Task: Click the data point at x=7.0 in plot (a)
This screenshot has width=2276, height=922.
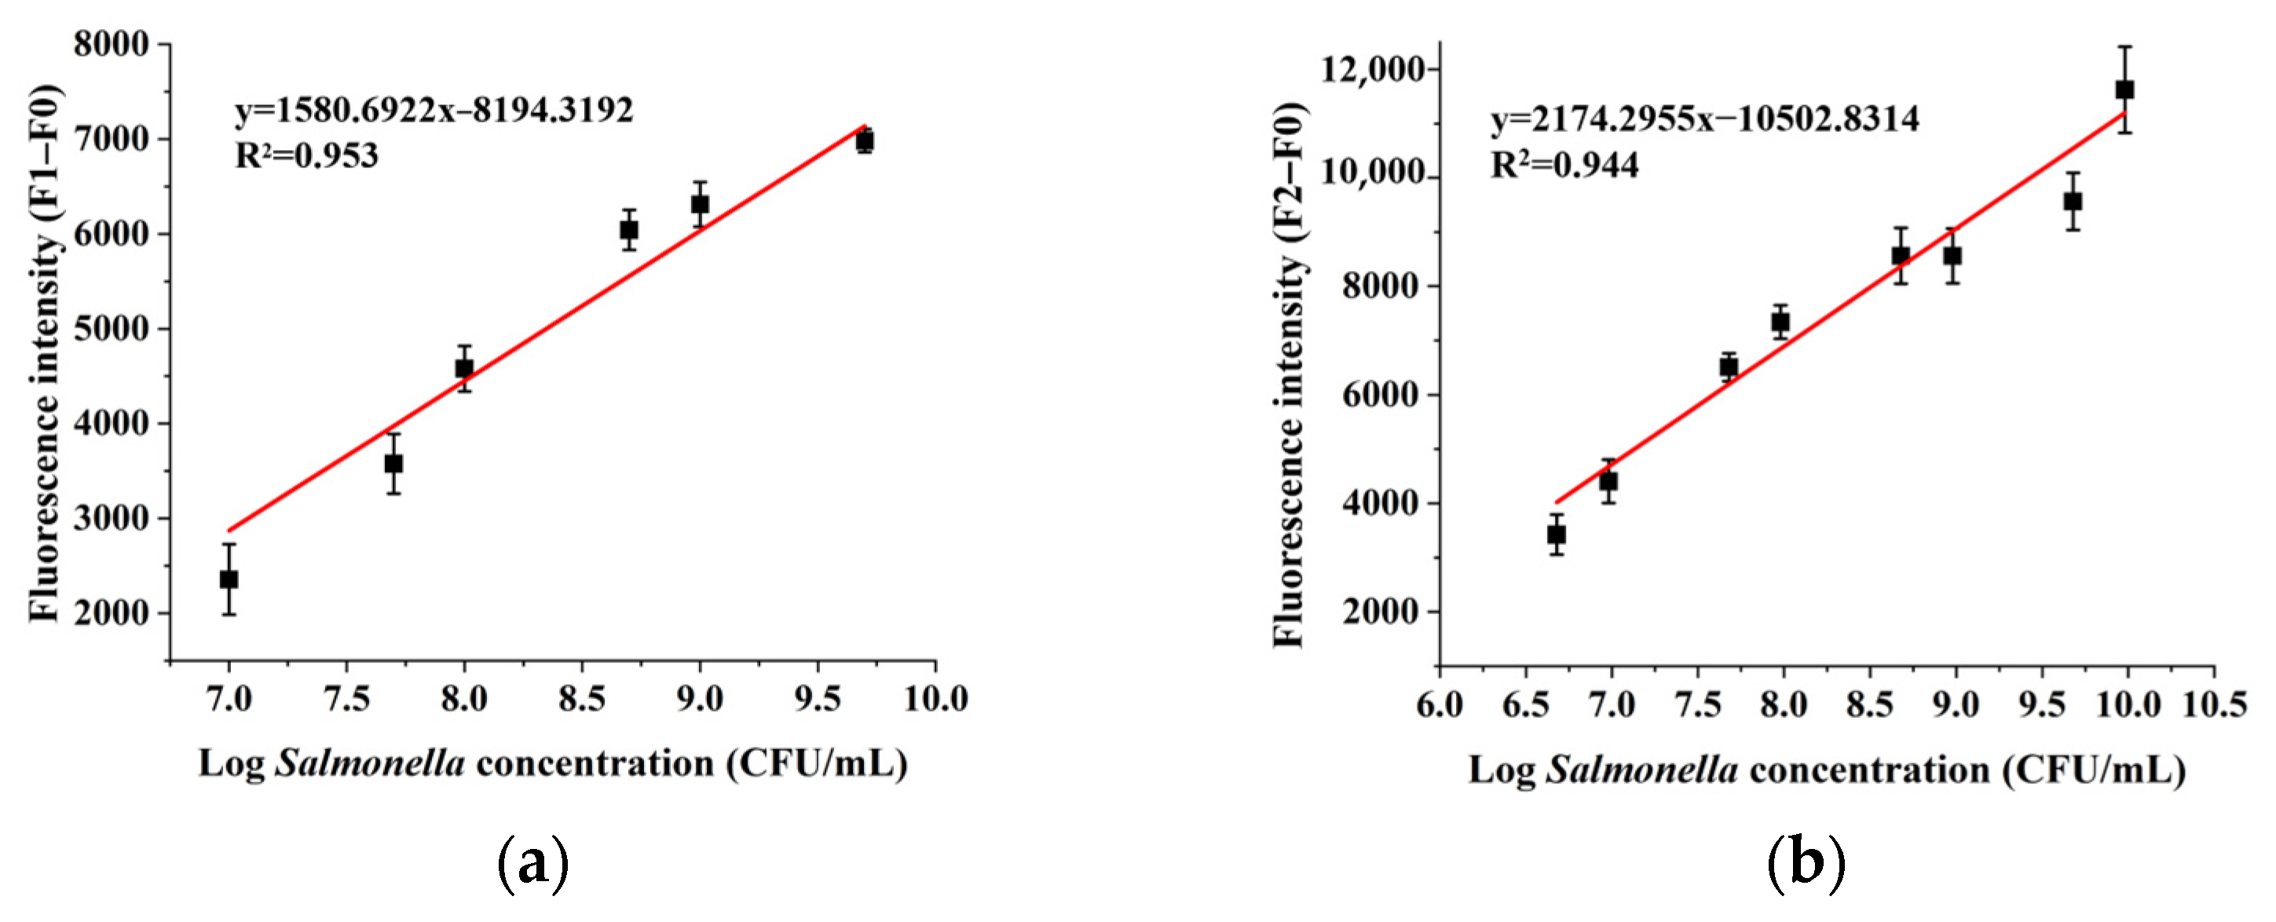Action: click(x=229, y=580)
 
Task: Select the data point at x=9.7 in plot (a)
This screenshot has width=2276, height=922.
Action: click(x=865, y=141)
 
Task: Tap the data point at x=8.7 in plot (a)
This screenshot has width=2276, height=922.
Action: click(x=629, y=231)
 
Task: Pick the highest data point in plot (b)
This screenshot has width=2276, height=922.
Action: click(x=2125, y=90)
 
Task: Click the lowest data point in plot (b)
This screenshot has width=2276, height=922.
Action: click(x=1557, y=534)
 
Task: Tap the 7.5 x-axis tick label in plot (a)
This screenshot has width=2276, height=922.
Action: click(x=346, y=700)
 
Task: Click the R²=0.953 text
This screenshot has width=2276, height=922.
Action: click(x=306, y=156)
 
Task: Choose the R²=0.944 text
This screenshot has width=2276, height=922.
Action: click(x=1564, y=165)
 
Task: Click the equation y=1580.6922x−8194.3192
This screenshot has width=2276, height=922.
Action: click(x=434, y=111)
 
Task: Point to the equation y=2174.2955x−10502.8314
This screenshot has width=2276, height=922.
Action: click(x=1705, y=119)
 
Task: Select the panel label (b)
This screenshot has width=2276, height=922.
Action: click(x=1806, y=865)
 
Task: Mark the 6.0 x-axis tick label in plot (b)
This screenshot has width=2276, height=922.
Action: click(x=1440, y=704)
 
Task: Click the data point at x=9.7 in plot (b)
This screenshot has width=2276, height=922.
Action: click(x=2073, y=201)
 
